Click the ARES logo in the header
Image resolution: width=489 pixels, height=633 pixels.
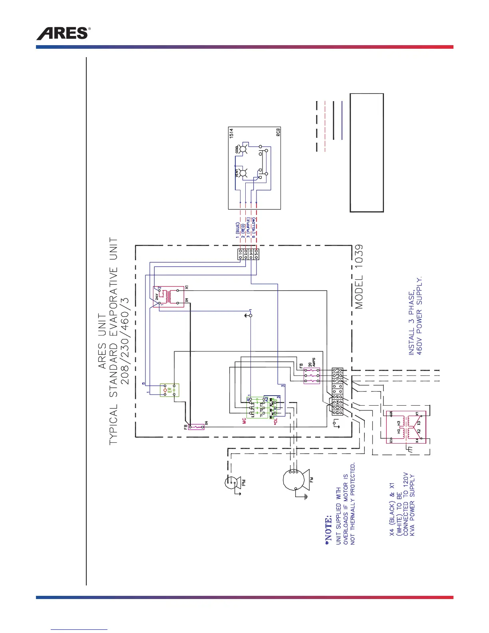tap(63, 34)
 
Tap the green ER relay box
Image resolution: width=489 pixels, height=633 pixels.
tap(169, 390)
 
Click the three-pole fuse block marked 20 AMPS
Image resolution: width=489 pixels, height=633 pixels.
tap(312, 376)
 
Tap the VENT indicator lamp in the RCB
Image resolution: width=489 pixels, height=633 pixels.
tap(242, 173)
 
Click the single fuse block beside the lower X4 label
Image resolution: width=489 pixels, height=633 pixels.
tap(196, 427)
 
